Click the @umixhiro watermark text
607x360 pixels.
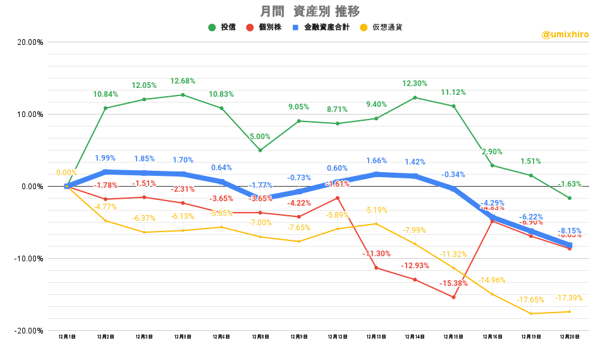pos(565,34)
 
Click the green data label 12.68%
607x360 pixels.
pos(183,81)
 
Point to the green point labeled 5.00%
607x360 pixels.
pos(260,150)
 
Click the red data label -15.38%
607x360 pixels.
pos(454,283)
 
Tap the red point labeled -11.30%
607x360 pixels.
pos(376,268)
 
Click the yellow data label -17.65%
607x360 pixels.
pos(531,300)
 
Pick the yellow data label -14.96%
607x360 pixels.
pos(492,280)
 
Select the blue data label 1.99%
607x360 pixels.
pos(106,158)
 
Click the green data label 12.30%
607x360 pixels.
pos(415,84)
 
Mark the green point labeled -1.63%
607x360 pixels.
pos(570,198)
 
